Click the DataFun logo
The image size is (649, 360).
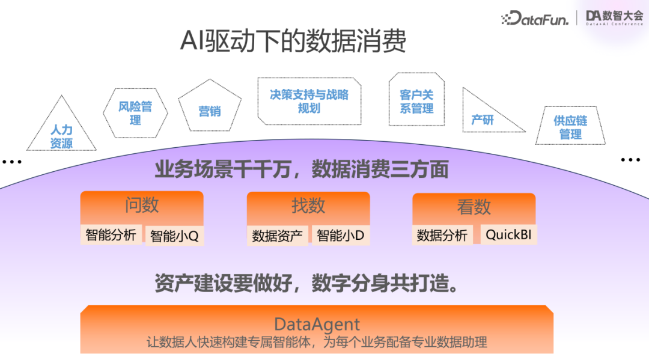(x=535, y=19)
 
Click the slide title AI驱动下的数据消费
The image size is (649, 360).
(x=293, y=41)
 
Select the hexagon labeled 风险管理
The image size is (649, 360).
(x=135, y=112)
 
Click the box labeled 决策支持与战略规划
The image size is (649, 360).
(x=309, y=101)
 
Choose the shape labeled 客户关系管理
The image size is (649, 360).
(x=416, y=102)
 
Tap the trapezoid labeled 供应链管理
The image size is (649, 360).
(x=570, y=127)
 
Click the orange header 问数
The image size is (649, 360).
(x=142, y=206)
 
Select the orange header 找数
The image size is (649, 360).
(x=308, y=206)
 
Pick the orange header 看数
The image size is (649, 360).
(x=474, y=206)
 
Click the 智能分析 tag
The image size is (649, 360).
(x=111, y=234)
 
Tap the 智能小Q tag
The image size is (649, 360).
(x=174, y=236)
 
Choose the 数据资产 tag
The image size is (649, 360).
(x=277, y=236)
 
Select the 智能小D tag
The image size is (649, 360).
(x=340, y=236)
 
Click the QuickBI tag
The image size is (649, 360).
(x=508, y=234)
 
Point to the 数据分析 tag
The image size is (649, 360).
(x=442, y=235)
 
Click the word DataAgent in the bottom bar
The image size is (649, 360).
(x=317, y=325)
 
